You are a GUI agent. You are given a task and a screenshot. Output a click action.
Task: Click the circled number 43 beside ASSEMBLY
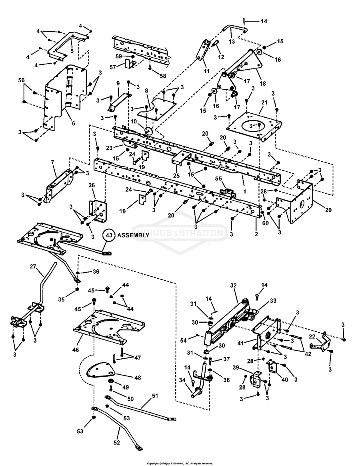coord(108,235)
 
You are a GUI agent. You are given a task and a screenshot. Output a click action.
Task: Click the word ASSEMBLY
coord(133,235)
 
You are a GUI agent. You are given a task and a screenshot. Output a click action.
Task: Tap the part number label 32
coord(234,285)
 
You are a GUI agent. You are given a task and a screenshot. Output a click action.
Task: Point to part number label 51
coord(155,396)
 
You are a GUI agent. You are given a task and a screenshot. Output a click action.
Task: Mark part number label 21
coord(264,102)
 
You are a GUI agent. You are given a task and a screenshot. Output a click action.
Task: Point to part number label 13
coord(232,42)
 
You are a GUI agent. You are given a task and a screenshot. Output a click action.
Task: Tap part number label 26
coord(92,185)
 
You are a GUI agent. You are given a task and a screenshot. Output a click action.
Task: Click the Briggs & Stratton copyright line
coord(180,463)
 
